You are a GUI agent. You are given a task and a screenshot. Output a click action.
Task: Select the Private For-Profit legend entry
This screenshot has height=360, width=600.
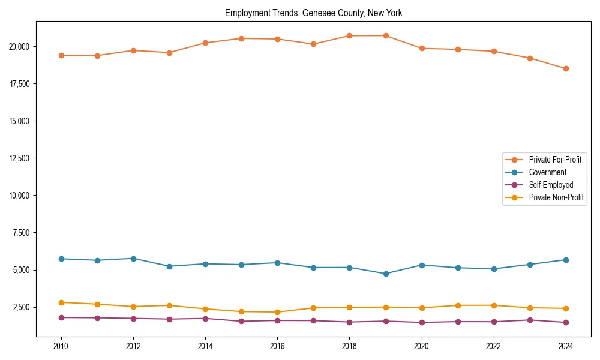point(555,160)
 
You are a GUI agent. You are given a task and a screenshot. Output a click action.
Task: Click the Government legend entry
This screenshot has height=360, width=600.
point(547,172)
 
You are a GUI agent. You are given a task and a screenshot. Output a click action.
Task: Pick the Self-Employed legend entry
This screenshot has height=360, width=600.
point(551,185)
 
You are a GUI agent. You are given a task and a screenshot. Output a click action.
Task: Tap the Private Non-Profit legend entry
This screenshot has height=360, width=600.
point(556,197)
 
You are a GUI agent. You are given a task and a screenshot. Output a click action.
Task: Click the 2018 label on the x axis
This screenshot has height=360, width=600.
point(349,346)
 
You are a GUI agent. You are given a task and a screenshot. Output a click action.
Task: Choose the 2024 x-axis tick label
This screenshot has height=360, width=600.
point(566,346)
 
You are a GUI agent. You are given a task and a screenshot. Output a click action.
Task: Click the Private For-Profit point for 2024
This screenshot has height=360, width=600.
point(566,68)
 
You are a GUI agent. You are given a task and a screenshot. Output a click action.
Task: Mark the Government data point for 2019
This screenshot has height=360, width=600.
point(386,274)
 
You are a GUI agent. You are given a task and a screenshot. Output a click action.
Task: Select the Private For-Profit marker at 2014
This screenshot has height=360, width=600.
point(205,43)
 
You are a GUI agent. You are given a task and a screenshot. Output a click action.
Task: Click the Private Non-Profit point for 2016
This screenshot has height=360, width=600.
point(277,312)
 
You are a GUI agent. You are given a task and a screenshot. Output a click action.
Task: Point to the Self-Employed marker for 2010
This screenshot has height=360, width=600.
point(61,317)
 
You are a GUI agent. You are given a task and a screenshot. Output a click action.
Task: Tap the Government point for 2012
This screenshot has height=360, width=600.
point(133,259)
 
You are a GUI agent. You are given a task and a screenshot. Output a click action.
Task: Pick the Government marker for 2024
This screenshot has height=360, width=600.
point(566,260)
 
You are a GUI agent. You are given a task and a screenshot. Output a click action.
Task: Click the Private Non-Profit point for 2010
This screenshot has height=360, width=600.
point(61,302)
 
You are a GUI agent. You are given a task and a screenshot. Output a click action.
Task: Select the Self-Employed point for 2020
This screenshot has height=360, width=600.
point(422,322)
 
